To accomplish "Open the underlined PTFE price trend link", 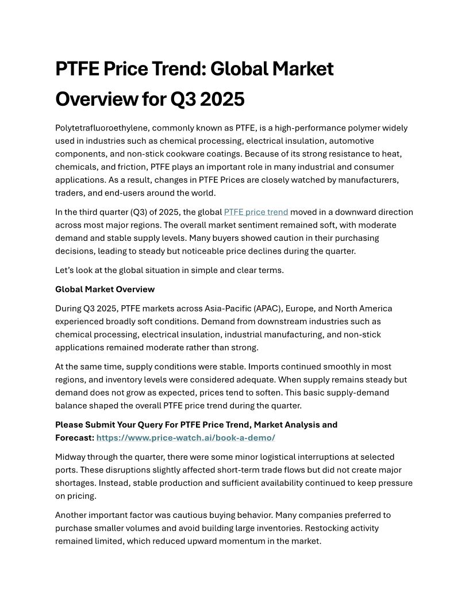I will pos(256,212).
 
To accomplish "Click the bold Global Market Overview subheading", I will pos(105,289).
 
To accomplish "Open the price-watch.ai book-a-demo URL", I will pos(186,438).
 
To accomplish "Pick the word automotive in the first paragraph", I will pos(336,141).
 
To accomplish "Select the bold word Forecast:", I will pos(75,438).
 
